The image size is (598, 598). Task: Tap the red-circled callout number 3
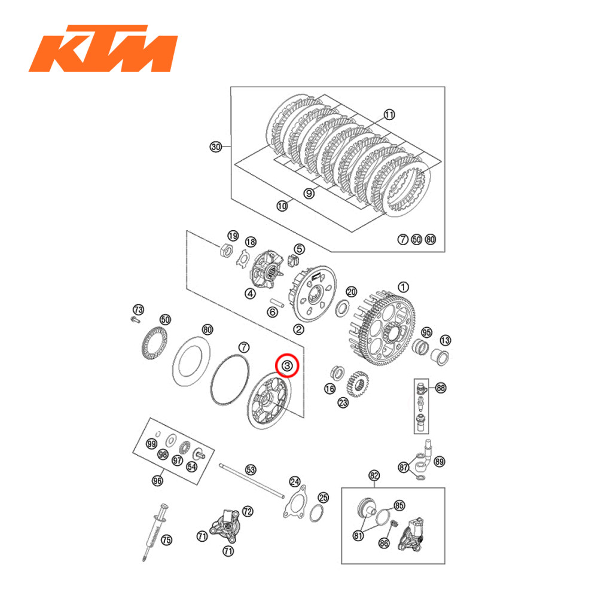click(x=287, y=365)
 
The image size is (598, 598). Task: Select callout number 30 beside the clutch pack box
click(x=216, y=147)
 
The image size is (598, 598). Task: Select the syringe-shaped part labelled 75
click(x=153, y=529)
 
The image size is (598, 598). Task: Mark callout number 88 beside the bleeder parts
click(x=441, y=388)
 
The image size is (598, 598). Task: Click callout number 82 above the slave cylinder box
click(x=374, y=476)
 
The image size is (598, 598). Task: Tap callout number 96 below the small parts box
click(x=158, y=480)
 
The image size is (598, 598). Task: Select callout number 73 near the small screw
click(x=139, y=309)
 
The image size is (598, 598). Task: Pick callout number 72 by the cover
click(x=247, y=512)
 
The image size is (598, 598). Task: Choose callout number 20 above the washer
click(x=352, y=291)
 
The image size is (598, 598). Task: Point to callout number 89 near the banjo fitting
click(x=440, y=462)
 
